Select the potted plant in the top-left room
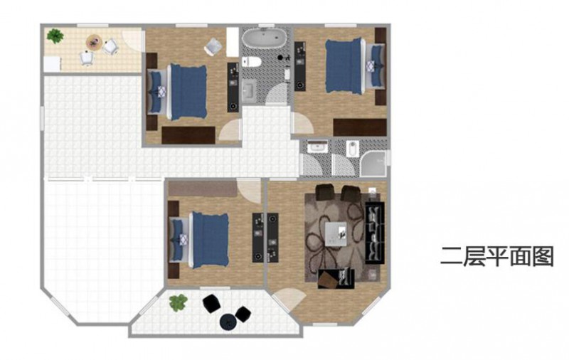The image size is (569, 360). pyautogui.click(x=55, y=36)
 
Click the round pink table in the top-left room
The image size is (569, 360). pyautogui.click(x=94, y=41)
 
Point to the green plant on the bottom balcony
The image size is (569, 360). pyautogui.click(x=179, y=302)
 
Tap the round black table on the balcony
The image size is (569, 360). pyautogui.click(x=228, y=322)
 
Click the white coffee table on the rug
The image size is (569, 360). pyautogui.click(x=336, y=233)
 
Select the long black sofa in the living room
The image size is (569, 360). pyautogui.click(x=375, y=233)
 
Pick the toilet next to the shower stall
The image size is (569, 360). pyautogui.click(x=352, y=149)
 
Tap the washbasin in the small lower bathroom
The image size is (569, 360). pyautogui.click(x=318, y=147)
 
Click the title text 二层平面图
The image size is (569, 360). pyautogui.click(x=496, y=256)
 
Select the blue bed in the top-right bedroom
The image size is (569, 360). pyautogui.click(x=345, y=66)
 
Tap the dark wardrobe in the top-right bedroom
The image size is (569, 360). pyautogui.click(x=360, y=127)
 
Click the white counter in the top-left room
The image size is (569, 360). pyautogui.click(x=53, y=64)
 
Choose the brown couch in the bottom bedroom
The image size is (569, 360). pyautogui.click(x=203, y=189)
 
